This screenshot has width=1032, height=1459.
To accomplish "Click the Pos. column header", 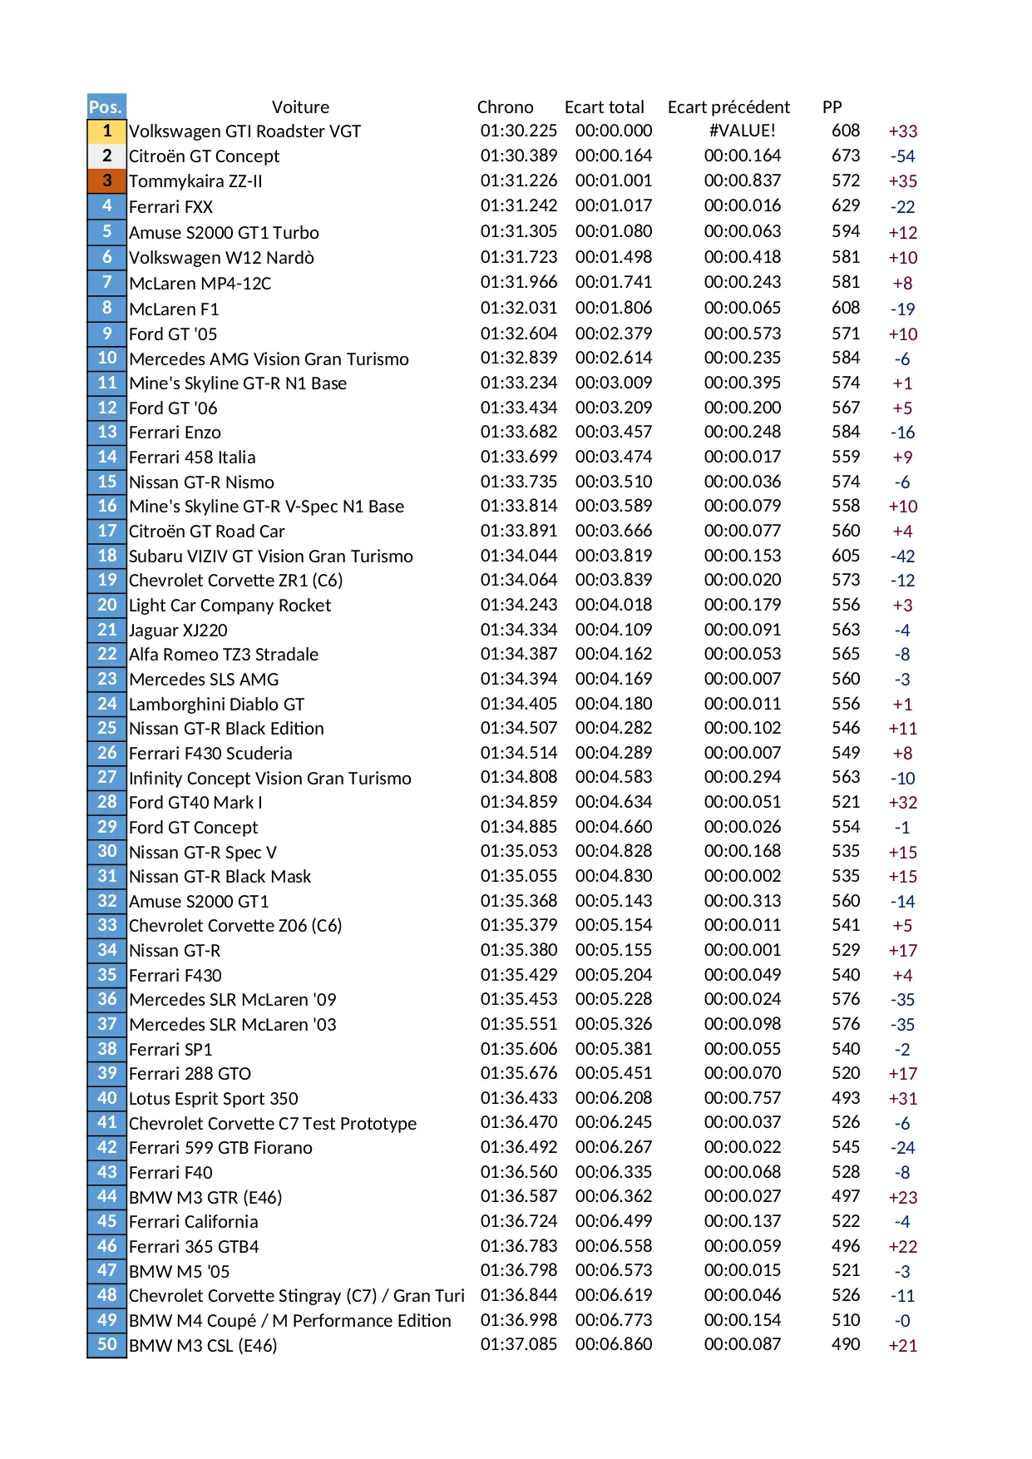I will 106,106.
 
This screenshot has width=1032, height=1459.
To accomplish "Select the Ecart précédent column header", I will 728,107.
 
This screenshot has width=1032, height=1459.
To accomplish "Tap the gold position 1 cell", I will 106,131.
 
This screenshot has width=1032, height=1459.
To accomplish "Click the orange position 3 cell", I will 106,181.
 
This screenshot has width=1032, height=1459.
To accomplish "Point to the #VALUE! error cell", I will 742,131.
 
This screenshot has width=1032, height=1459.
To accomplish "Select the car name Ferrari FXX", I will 170,207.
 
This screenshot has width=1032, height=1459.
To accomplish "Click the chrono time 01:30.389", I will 518,156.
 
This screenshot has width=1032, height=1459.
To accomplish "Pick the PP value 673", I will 845,156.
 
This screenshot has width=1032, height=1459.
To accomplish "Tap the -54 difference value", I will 902,156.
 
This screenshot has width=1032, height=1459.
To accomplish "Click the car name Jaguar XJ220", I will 178,631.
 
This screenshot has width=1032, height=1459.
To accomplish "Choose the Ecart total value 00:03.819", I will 613,556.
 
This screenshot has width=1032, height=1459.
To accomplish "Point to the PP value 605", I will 845,556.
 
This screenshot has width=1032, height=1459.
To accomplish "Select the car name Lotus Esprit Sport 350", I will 213,1099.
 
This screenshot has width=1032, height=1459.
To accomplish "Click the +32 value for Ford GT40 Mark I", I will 902,803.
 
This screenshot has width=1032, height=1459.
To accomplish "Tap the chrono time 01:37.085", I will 518,1344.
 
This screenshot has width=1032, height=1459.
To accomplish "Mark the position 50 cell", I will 106,1344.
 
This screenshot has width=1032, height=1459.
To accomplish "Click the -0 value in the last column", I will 902,1321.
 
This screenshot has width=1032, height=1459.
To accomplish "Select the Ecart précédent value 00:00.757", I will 742,1098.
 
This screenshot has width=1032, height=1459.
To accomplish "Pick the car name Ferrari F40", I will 170,1173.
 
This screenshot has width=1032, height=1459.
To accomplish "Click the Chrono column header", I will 505,107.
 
